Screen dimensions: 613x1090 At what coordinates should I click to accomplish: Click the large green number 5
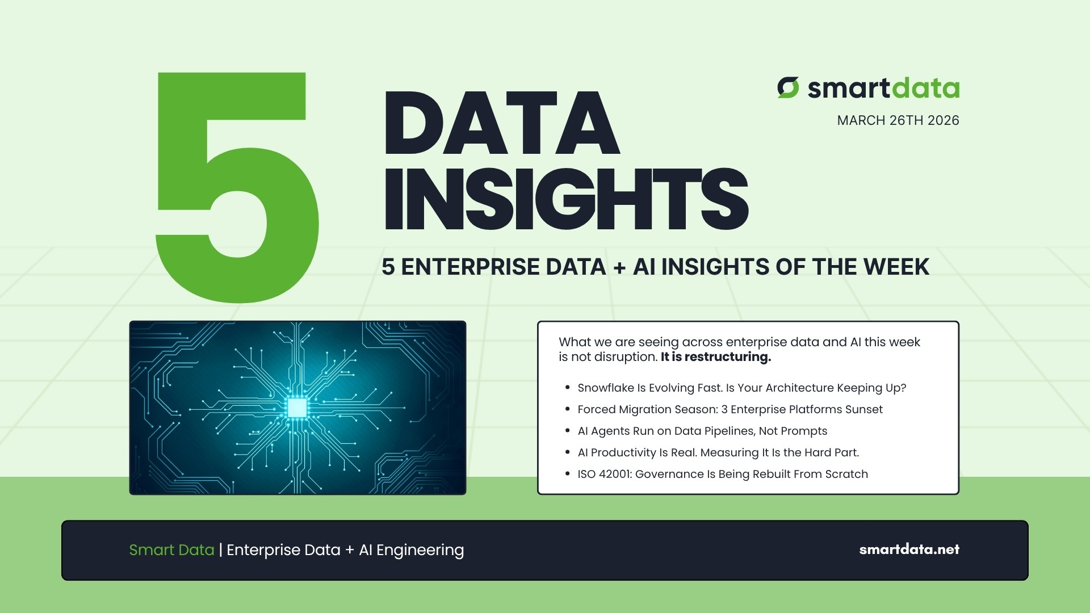coord(236,187)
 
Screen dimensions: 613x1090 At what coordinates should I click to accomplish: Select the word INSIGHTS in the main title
coord(566,199)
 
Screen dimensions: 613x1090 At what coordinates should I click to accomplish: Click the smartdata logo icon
coord(788,88)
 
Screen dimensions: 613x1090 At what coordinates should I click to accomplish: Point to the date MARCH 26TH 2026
coord(898,120)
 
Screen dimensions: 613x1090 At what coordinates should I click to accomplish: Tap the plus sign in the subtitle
coord(619,267)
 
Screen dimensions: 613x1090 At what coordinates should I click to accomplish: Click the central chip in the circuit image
coord(297,408)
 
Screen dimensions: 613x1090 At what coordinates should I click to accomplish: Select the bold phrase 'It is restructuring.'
coord(715,357)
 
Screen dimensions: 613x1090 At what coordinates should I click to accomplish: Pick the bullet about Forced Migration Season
coord(730,409)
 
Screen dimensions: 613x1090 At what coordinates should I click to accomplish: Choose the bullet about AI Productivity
coord(718,452)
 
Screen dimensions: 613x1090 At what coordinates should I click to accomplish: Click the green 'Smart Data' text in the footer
coord(171,550)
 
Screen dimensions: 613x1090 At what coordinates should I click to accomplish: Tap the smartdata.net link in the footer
coord(909,549)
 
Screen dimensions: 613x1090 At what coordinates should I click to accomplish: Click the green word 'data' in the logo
coord(925,89)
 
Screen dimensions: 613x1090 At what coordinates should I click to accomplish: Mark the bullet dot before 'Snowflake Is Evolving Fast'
coord(567,388)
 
